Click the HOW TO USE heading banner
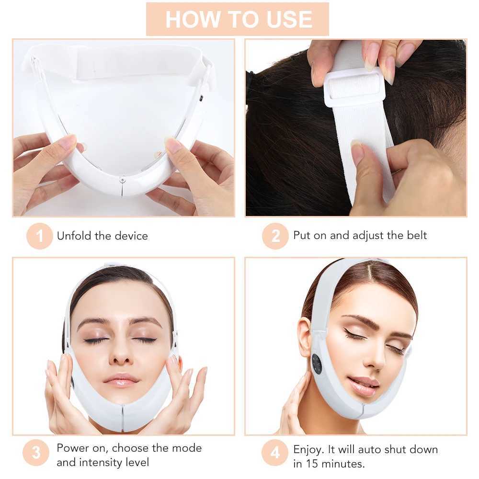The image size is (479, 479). pyautogui.click(x=238, y=19)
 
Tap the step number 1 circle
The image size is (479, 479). pyautogui.click(x=39, y=236)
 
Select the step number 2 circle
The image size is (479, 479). pyautogui.click(x=275, y=236)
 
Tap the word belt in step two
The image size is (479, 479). pyautogui.click(x=415, y=235)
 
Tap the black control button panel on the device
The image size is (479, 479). pyautogui.click(x=317, y=364)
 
